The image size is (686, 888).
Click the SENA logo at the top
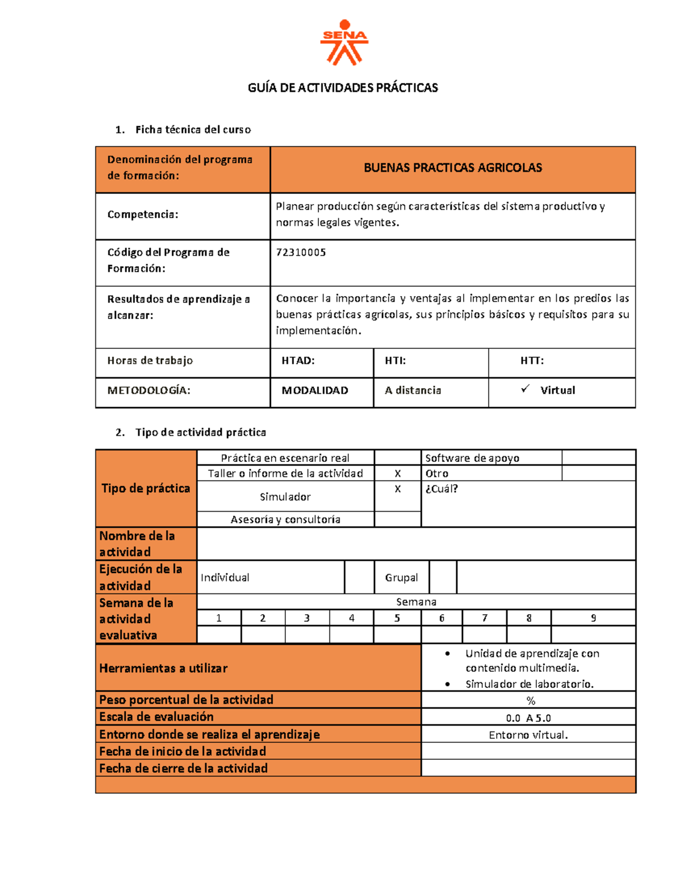click(x=345, y=42)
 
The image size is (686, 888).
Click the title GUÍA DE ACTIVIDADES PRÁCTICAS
click(x=342, y=87)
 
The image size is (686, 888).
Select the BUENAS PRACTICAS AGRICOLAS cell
click(x=453, y=168)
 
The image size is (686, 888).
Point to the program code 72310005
click(x=301, y=252)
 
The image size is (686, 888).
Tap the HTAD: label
click(x=298, y=361)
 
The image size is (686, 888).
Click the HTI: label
click(x=395, y=361)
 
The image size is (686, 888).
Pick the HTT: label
click(x=532, y=361)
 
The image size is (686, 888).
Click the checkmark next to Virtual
click(x=525, y=389)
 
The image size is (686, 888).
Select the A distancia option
click(x=413, y=391)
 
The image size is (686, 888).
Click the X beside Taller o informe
click(x=398, y=473)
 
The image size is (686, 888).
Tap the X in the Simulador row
click(x=398, y=489)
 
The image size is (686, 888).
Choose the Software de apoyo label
click(x=472, y=458)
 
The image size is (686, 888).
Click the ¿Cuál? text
click(x=441, y=489)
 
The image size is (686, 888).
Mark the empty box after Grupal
click(x=443, y=578)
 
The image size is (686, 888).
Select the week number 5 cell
click(x=397, y=618)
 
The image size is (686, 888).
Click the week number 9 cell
click(x=593, y=618)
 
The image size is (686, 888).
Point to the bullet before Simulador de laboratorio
click(x=448, y=684)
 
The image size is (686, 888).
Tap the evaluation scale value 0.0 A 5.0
click(x=528, y=718)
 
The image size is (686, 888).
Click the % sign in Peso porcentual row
click(x=531, y=701)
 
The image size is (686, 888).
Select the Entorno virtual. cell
click(x=528, y=735)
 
